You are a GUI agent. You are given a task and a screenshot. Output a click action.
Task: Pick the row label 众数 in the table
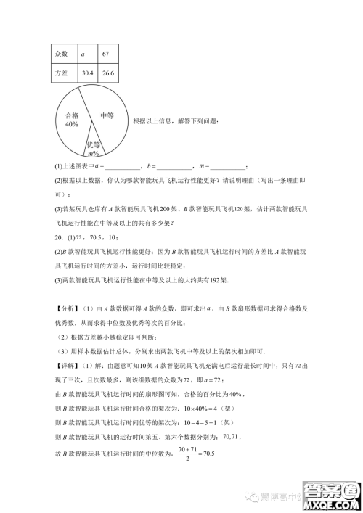click(x=61, y=54)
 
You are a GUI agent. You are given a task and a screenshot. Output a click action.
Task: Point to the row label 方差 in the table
click(x=61, y=73)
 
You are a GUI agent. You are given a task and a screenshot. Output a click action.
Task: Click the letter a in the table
click(x=83, y=54)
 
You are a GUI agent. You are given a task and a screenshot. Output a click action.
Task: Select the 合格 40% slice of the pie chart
click(x=71, y=120)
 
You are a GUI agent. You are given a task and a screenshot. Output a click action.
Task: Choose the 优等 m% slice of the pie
click(x=93, y=147)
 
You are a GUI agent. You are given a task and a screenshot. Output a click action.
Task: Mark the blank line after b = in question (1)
click(x=174, y=168)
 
